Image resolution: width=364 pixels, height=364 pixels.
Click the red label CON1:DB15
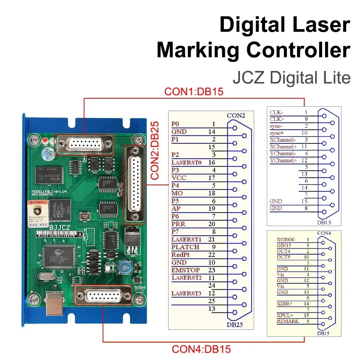(194, 91)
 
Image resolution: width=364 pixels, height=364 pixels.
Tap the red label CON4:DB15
(201, 349)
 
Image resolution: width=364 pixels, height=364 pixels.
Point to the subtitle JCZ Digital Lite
(291, 78)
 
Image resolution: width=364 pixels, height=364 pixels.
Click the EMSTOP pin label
(185, 270)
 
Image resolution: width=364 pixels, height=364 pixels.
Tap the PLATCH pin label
(185, 247)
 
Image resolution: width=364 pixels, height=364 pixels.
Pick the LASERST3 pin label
(186, 293)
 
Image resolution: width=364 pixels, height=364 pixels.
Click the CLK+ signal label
(278, 119)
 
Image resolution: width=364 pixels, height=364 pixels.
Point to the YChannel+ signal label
(283, 160)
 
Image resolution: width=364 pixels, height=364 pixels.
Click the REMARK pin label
(288, 321)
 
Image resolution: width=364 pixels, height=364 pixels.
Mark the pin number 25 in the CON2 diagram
(211, 301)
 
